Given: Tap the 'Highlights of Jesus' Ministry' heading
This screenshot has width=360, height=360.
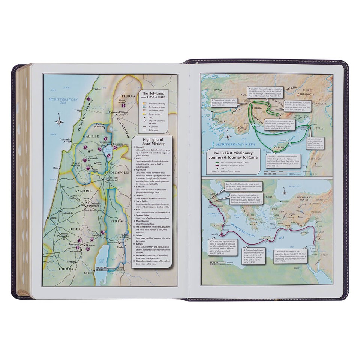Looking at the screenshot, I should point(152,141).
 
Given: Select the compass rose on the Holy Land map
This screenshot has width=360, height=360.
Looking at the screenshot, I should point(60,121).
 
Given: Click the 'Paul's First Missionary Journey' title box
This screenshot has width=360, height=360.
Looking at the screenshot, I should point(229,156).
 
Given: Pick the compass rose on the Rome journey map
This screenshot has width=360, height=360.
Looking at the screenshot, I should point(285,193).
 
